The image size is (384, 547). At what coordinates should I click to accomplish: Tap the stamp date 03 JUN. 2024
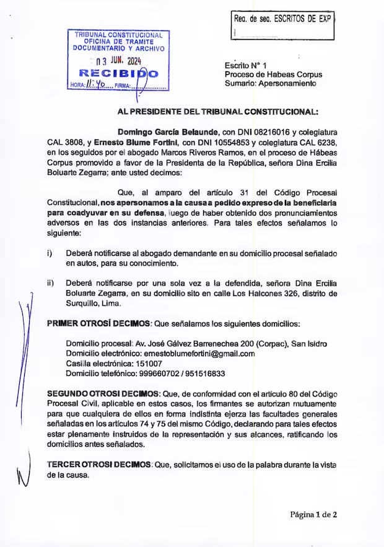[118, 61]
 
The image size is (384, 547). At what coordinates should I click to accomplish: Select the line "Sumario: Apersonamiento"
[270, 83]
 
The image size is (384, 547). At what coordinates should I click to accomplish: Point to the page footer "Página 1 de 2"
[313, 514]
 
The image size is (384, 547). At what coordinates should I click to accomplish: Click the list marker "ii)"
[51, 284]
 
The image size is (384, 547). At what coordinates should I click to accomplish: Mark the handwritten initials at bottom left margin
[23, 474]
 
